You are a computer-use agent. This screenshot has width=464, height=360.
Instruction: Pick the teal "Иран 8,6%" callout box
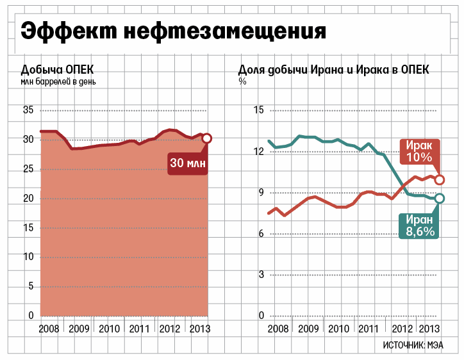click(x=420, y=225)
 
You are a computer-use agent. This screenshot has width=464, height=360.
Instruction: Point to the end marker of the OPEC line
click(x=207, y=138)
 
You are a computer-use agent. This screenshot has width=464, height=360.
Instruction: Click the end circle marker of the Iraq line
click(x=439, y=179)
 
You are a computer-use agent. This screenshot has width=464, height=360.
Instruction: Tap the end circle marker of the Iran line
click(x=439, y=199)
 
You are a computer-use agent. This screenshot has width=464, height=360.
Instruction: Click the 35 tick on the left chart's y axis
click(x=28, y=110)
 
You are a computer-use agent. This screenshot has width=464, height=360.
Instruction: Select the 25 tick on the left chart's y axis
click(x=28, y=169)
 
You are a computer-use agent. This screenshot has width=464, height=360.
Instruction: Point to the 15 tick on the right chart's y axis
click(x=259, y=110)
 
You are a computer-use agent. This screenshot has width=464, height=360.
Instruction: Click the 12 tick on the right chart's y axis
click(x=259, y=152)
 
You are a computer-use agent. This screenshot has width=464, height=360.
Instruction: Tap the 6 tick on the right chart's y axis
click(x=260, y=234)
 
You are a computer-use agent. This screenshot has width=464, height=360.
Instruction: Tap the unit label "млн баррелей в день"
click(x=59, y=81)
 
